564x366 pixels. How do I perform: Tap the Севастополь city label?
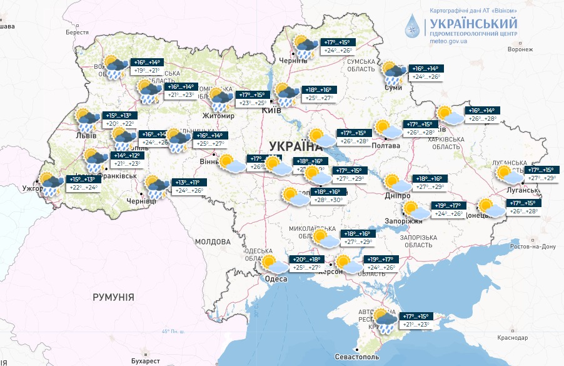[379, 356]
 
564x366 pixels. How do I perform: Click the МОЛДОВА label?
[213, 241]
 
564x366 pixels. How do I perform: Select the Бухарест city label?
[146, 361]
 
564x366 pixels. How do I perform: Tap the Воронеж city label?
[520, 49]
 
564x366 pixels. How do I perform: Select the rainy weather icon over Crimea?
[385, 320]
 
